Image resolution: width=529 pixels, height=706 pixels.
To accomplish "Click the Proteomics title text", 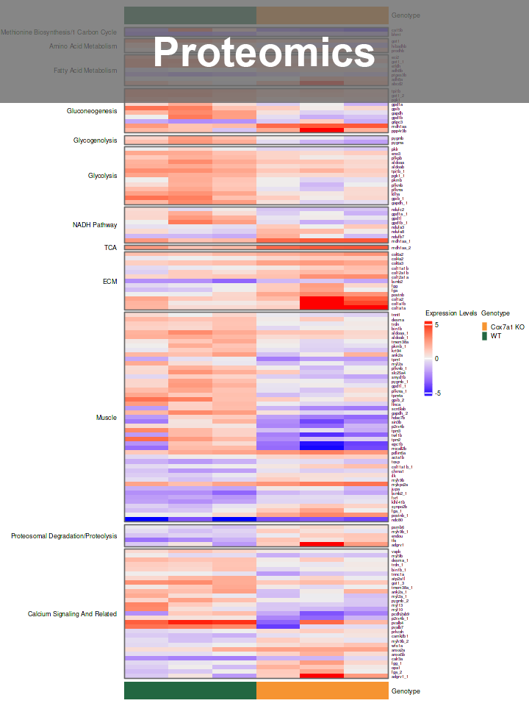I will [x=264, y=52].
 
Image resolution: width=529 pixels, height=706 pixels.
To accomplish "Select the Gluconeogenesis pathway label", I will [x=92, y=111].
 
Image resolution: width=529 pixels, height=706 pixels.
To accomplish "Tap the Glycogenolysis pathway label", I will [x=95, y=140].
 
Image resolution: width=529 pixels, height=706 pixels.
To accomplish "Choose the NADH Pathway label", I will [x=95, y=225].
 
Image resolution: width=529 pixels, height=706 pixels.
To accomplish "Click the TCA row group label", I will [x=110, y=248].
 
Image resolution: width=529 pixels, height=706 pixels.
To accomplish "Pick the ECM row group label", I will [x=109, y=281].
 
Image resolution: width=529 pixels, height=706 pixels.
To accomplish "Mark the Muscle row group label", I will [x=107, y=418].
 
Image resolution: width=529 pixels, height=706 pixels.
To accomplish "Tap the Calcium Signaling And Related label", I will [x=73, y=614].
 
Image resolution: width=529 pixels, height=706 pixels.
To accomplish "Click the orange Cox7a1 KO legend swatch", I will [x=484, y=327].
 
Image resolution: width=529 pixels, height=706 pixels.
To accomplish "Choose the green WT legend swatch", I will [x=484, y=336].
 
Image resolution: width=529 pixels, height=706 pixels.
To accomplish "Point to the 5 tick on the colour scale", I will [x=437, y=324].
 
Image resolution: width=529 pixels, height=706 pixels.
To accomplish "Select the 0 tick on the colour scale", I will [x=437, y=359].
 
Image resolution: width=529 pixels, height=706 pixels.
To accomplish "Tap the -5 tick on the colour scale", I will [x=437, y=393].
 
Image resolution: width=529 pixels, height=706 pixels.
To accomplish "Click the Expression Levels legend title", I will [x=451, y=313].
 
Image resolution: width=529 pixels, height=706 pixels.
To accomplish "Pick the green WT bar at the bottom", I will [x=190, y=691].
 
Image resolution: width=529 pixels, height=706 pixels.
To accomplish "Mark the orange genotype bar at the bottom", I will [x=323, y=691].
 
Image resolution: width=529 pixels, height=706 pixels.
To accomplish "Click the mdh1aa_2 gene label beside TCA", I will [x=401, y=248].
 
